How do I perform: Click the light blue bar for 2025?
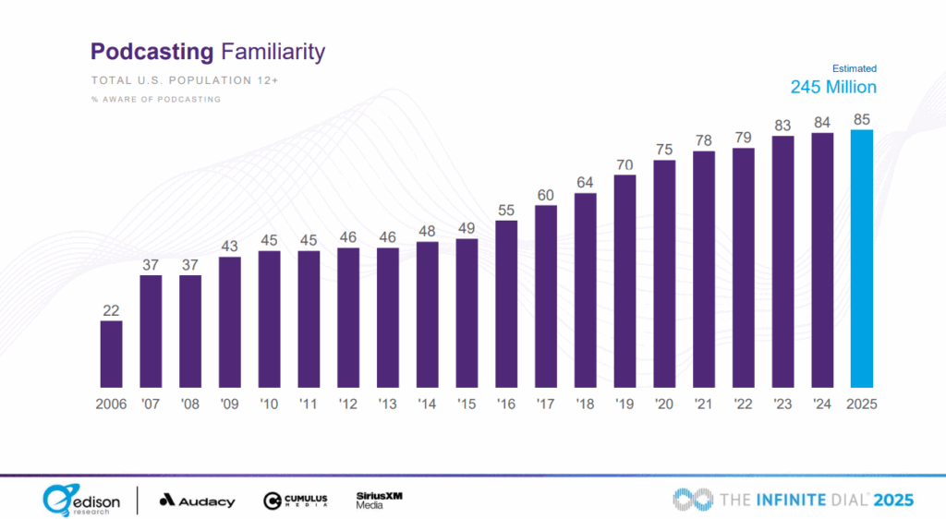coord(861,258)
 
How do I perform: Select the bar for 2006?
coord(111,354)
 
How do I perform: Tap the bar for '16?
coord(506,303)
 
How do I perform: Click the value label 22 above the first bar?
coord(111,310)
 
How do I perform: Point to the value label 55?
coord(506,211)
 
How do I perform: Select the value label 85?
coord(861,119)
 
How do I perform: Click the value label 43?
coord(229,247)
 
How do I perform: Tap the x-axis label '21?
coord(703,404)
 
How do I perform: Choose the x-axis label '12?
coord(347,404)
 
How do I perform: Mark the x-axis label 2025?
coord(861,404)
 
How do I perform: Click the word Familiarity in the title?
coord(273,52)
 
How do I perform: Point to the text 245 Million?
coord(833,87)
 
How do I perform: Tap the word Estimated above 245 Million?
coord(855,68)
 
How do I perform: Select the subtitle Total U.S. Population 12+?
coord(185,80)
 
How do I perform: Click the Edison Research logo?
coord(80,500)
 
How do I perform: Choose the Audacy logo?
coord(197,501)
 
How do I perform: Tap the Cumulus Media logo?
coord(295,501)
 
